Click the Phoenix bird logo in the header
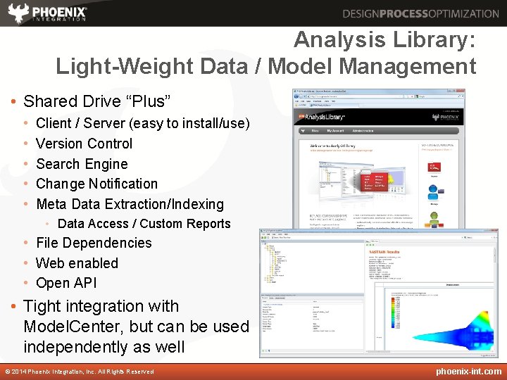18,13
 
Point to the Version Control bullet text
84,144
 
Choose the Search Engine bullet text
82,164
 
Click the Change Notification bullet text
96,184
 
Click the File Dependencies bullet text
94,243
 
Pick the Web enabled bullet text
77,263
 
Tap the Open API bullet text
66,283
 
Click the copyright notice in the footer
79,372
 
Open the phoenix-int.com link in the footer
468,371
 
